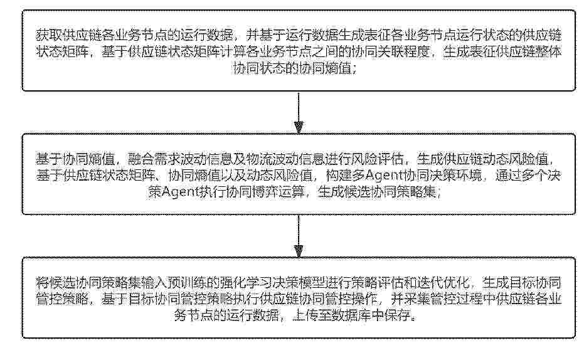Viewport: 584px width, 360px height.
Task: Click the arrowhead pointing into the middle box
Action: click(x=299, y=127)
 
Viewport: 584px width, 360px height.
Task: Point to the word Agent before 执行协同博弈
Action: click(x=181, y=192)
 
